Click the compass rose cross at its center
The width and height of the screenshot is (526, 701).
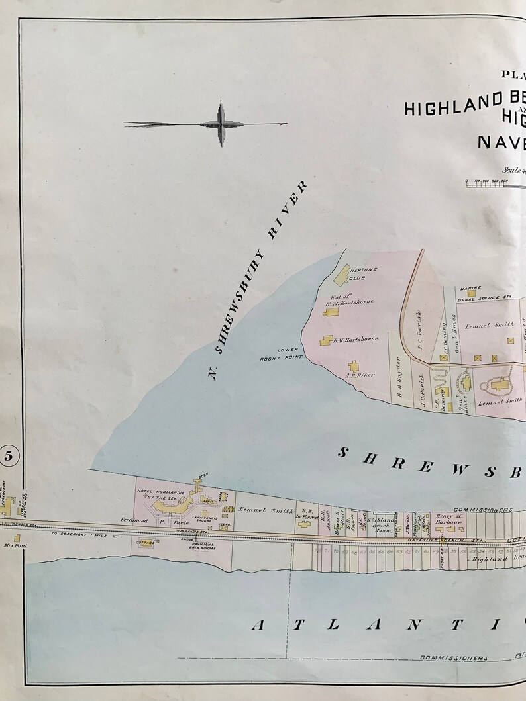[x=221, y=124]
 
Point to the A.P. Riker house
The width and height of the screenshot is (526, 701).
[x=353, y=366]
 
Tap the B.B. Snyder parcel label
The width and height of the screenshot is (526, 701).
[x=399, y=379]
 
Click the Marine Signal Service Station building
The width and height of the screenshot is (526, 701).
[x=472, y=293]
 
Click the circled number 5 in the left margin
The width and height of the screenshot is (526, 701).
[x=9, y=455]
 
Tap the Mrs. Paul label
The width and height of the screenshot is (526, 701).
[x=9, y=547]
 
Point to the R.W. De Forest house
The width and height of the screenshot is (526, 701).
[x=305, y=524]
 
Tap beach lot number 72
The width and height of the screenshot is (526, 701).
[x=317, y=551]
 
